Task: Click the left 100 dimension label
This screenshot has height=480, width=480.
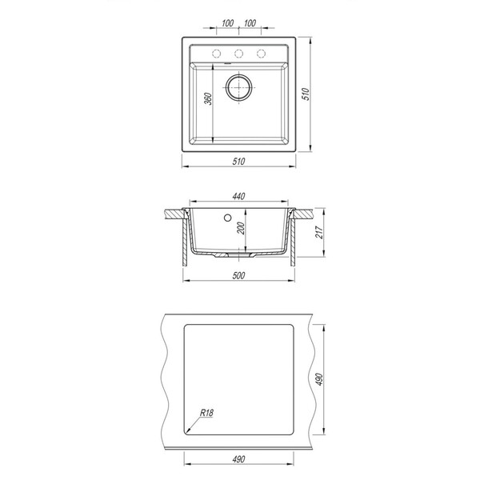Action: (227, 23)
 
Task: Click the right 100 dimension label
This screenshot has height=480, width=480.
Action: (250, 23)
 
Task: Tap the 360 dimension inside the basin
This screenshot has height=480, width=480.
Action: (208, 98)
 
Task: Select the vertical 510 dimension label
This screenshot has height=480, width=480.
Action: (306, 94)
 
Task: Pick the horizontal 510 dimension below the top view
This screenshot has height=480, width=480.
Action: (238, 161)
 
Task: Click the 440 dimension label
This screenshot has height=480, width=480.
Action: (238, 196)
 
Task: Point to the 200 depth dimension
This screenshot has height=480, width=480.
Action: (242, 228)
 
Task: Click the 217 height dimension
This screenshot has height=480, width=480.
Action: (319, 232)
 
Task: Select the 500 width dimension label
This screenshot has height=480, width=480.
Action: (238, 275)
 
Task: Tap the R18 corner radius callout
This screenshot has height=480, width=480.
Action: (206, 413)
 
